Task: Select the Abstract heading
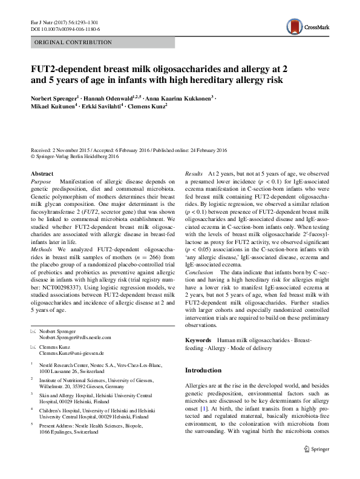pyautogui.click(x=42, y=173)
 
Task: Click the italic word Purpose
pyautogui.click(x=41, y=182)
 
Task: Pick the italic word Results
pyautogui.click(x=194, y=173)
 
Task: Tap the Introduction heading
pyautogui.click(x=203, y=370)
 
